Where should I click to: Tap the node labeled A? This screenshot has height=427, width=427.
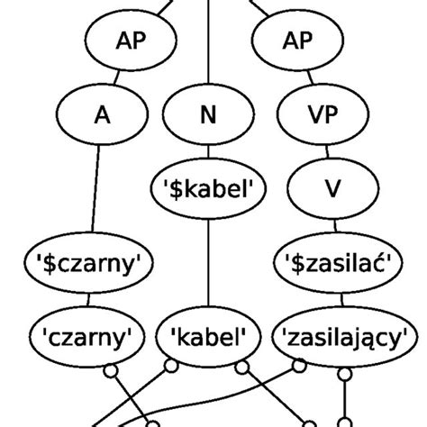coord(100,116)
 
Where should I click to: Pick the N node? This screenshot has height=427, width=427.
coord(208,116)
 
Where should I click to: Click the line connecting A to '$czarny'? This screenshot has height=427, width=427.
coord(94,189)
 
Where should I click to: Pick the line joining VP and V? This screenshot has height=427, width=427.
coord(323,153)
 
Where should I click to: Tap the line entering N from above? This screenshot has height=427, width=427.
coord(208,54)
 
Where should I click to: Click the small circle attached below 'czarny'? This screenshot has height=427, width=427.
coord(112,370)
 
